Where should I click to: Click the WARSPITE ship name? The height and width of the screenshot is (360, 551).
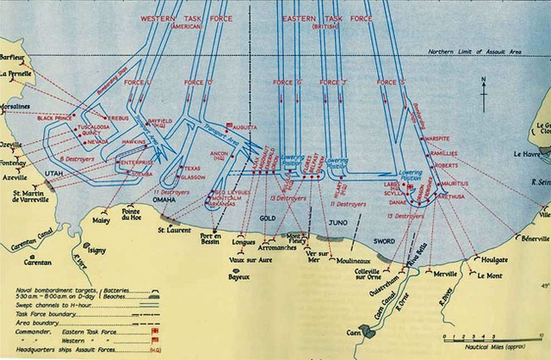click(448, 138)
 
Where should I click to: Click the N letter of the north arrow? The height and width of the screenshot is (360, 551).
click(484, 81)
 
